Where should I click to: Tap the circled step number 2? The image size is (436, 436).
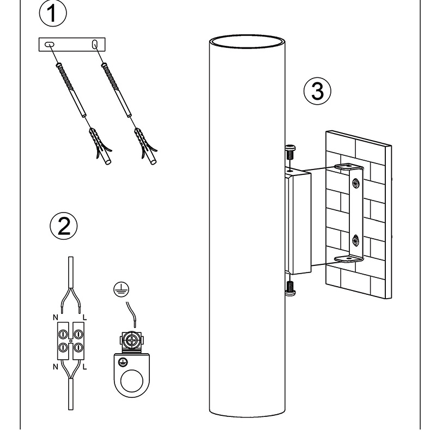pyautogui.click(x=63, y=226)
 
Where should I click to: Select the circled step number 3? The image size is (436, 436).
pyautogui.click(x=317, y=90)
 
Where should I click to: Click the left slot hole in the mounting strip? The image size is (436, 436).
pyautogui.click(x=49, y=44)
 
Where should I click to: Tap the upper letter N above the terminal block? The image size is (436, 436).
pyautogui.click(x=54, y=317)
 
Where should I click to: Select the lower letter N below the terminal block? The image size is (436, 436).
pyautogui.click(x=55, y=367)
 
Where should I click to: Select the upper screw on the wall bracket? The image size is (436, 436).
pyautogui.click(x=355, y=183)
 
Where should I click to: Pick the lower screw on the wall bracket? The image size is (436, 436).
pyautogui.click(x=355, y=239)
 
